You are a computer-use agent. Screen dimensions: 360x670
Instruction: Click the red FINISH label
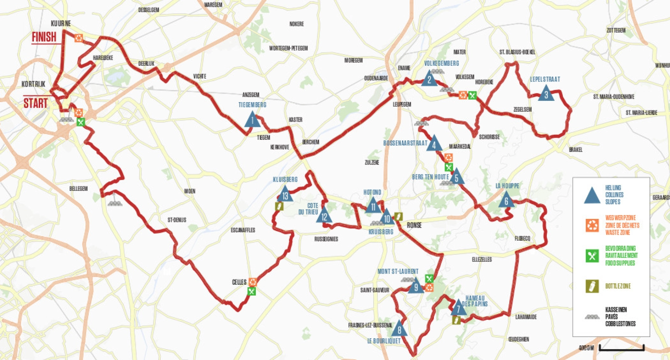click(x=44, y=37)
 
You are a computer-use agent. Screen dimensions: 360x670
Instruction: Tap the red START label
click(x=35, y=103)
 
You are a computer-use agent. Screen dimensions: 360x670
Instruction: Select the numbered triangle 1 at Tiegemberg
click(x=252, y=121)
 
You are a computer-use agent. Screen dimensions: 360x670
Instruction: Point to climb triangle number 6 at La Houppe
click(x=506, y=201)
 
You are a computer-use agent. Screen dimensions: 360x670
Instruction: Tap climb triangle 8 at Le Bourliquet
click(x=399, y=329)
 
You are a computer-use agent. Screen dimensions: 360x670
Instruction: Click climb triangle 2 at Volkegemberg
click(x=429, y=79)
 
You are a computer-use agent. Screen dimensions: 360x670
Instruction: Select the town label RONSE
click(x=414, y=225)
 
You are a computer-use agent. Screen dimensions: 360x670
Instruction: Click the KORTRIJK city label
click(x=33, y=84)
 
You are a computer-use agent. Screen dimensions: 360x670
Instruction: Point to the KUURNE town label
click(x=61, y=23)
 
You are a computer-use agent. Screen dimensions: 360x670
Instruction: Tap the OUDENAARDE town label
click(x=376, y=78)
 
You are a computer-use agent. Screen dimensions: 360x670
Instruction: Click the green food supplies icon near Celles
click(x=251, y=291)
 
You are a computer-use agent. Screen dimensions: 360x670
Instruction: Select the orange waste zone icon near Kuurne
click(x=78, y=38)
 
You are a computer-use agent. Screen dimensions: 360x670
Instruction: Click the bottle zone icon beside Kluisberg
click(x=279, y=206)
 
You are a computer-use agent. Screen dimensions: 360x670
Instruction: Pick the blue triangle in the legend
click(x=592, y=195)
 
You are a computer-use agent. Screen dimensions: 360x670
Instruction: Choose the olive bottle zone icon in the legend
click(x=592, y=286)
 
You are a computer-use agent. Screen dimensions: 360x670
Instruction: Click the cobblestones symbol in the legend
click(x=592, y=317)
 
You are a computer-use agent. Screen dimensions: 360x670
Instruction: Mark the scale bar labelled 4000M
click(x=621, y=348)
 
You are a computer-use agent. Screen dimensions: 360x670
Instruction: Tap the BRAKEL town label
click(x=575, y=149)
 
